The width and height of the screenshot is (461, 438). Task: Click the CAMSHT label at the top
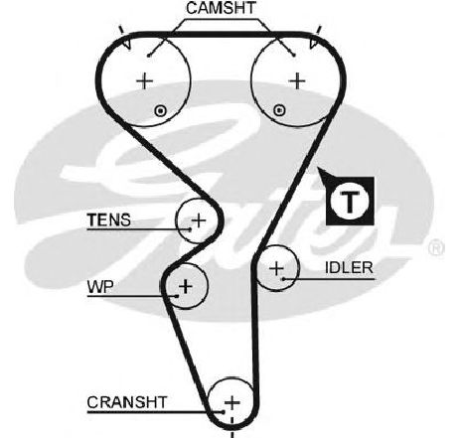[x=221, y=8]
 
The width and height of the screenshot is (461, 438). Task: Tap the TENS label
[x=109, y=220]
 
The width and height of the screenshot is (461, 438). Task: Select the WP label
[x=100, y=287]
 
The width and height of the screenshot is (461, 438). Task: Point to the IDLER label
[x=349, y=268]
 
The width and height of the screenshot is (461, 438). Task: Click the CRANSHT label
[x=127, y=402]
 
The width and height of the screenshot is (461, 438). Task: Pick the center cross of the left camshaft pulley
[x=144, y=81]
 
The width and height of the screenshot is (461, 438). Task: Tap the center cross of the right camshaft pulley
[x=297, y=80]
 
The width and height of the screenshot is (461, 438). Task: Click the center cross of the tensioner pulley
[x=199, y=220]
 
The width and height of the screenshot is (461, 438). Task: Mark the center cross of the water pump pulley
[x=186, y=286]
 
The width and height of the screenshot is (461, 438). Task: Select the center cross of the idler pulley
[x=276, y=268]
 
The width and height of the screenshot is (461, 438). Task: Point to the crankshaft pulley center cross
[x=231, y=403]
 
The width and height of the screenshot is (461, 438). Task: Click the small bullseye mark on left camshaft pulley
[x=161, y=111]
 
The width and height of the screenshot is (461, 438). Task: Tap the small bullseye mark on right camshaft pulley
[x=280, y=110]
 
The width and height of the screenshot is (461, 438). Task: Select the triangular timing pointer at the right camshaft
[x=313, y=44]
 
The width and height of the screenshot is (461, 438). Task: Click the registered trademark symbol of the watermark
[x=436, y=248]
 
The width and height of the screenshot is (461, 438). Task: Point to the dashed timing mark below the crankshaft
[x=232, y=427]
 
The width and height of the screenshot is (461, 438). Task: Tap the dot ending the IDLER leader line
[x=284, y=279]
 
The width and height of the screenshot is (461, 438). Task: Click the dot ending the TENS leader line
[x=190, y=229]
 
